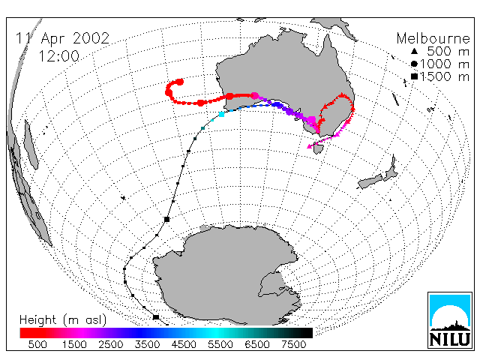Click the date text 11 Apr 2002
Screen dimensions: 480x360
point(62,38)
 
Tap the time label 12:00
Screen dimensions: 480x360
point(58,56)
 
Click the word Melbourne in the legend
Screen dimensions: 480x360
point(433,38)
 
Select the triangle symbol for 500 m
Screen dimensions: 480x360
point(414,51)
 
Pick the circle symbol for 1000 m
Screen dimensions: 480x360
point(414,64)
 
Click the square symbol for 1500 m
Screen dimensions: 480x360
point(414,76)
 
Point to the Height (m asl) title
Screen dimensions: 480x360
point(63,320)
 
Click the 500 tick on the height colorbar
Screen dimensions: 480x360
point(37,344)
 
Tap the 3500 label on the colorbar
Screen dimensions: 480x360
point(147,344)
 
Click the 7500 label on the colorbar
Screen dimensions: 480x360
point(293,344)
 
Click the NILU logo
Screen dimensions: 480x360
point(450,320)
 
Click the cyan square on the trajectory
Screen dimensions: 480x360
point(222,115)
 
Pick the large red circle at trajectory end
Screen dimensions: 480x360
point(180,82)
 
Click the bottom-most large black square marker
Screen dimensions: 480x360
point(156,317)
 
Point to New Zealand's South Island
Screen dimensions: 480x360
point(370,181)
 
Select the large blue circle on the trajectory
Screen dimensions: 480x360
point(277,105)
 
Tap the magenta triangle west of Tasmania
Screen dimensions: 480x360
point(310,147)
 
